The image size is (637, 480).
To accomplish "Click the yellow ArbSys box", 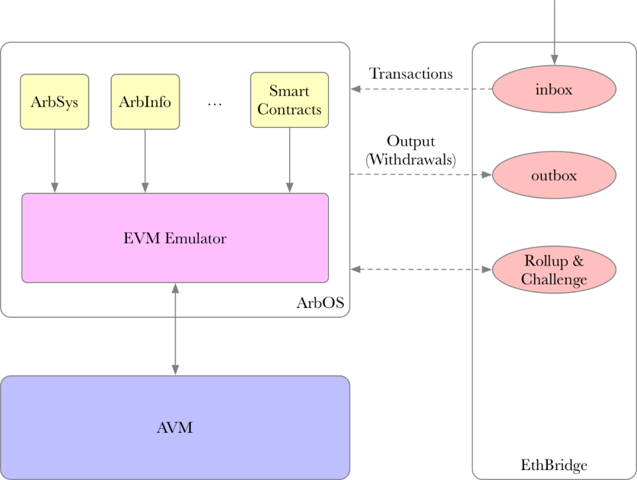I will click(54, 101).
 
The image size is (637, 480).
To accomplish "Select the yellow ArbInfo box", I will click(145, 101).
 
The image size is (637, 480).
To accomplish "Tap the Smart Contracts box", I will click(289, 100).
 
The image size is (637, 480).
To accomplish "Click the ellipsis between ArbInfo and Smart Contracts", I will click(214, 103).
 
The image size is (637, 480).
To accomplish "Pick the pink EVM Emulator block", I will click(175, 238).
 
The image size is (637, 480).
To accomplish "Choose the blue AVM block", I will click(175, 428).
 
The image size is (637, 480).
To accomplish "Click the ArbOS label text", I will click(320, 303).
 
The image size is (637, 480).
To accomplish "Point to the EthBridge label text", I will click(554, 465).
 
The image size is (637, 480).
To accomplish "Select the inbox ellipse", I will click(554, 89).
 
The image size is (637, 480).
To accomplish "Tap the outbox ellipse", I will click(554, 175).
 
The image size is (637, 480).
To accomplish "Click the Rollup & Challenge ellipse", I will click(554, 270).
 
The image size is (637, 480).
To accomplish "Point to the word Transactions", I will click(411, 74).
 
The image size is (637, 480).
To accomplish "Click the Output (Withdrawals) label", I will click(411, 151).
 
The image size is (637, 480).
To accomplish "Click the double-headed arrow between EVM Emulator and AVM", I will click(175, 328).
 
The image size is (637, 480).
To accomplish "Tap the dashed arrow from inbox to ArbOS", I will click(421, 89).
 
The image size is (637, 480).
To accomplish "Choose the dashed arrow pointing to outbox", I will click(421, 175).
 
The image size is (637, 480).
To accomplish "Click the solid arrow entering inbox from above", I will click(554, 29).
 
